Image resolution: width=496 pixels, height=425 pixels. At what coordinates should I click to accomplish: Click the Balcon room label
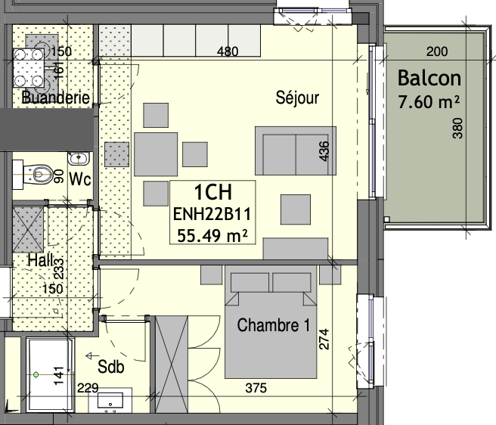(429, 78)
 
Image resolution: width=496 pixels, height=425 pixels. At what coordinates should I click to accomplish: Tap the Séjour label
(297, 98)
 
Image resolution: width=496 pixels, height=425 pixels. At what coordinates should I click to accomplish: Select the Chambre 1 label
(274, 325)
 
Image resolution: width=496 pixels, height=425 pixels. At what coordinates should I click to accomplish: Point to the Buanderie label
(56, 97)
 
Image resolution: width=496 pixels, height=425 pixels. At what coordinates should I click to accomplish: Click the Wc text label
(80, 179)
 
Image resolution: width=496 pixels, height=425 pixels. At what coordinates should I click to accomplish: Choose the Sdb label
(110, 367)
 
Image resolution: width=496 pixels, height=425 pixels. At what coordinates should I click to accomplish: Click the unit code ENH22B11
(212, 214)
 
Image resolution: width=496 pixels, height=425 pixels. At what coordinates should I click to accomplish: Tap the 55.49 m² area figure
(212, 235)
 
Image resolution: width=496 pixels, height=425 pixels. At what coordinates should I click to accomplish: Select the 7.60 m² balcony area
(429, 102)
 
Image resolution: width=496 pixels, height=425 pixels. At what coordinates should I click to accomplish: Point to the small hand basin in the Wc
(79, 158)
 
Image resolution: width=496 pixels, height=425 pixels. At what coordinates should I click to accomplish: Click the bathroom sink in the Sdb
(110, 402)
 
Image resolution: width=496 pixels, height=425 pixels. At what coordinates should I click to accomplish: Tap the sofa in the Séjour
(296, 150)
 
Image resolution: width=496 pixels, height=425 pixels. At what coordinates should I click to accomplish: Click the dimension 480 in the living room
(228, 51)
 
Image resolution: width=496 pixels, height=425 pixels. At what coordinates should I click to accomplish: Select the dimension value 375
(256, 388)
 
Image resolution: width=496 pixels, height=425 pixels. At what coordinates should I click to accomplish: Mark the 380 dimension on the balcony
(457, 128)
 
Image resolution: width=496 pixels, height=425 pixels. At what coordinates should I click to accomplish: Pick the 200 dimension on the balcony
(437, 51)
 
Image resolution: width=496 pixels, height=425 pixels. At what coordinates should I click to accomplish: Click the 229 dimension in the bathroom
(88, 388)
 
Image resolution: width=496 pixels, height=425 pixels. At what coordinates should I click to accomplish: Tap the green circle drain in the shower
(36, 375)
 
